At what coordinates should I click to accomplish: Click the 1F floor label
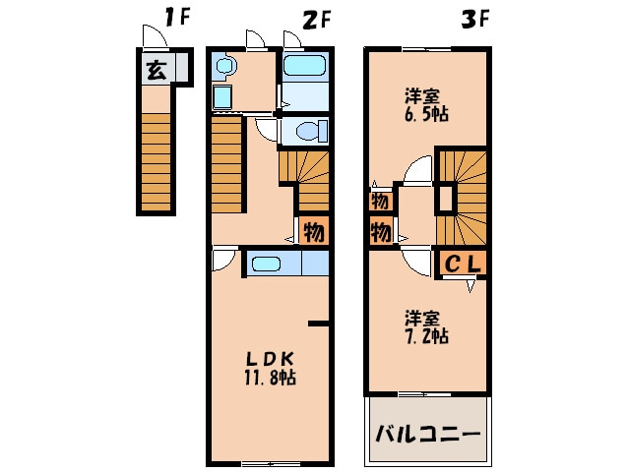tap(176, 17)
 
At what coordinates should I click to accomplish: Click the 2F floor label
tap(314, 17)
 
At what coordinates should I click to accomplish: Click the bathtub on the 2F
tap(305, 68)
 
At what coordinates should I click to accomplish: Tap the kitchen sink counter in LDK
tap(286, 264)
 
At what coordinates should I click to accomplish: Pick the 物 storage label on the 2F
tap(313, 233)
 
